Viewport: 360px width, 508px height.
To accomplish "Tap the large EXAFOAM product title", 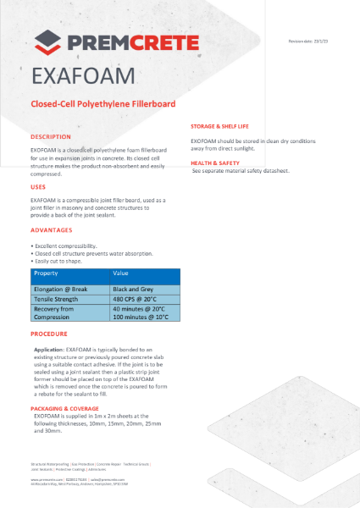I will (82, 77).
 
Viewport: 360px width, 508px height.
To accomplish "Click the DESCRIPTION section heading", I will (51, 136).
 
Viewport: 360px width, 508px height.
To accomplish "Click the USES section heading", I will (39, 186).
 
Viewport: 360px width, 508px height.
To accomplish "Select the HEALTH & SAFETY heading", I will (219, 162).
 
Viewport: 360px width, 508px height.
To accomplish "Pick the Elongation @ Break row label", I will (63, 290).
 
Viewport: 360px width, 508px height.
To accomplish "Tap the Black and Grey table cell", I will (137, 290).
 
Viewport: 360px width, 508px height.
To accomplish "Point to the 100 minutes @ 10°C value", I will (145, 318).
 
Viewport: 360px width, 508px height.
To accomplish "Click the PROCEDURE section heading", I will (50, 335).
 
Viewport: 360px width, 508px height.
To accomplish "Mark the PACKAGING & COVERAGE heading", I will (69, 408).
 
